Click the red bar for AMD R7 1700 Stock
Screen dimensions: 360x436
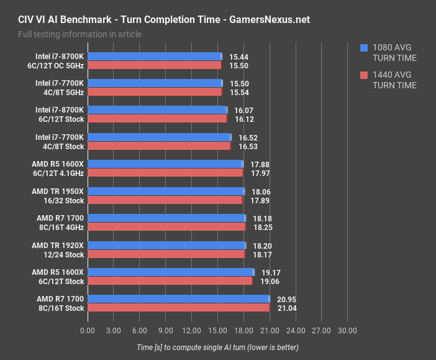click(178, 308)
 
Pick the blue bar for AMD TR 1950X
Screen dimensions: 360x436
click(166, 191)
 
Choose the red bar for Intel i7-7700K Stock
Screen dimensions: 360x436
click(158, 146)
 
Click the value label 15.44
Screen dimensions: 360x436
click(239, 56)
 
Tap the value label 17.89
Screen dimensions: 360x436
click(260, 200)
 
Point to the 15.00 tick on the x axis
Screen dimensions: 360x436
click(217, 331)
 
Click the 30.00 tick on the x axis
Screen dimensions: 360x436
click(347, 331)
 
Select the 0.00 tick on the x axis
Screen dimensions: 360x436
click(88, 331)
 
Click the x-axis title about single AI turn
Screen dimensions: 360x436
click(217, 347)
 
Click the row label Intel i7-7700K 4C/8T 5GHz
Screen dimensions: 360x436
click(59, 88)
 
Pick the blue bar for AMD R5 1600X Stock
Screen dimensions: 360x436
click(170, 272)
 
